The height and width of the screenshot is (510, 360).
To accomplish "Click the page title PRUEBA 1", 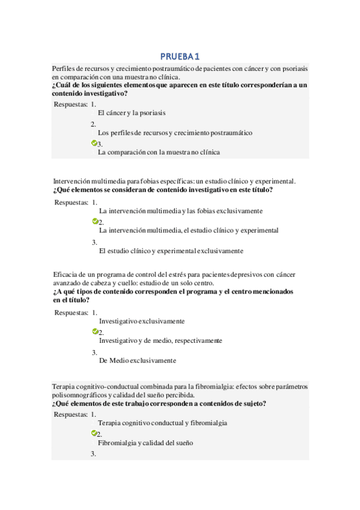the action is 179,57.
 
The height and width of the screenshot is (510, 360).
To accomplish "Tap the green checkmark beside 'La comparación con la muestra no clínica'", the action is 94,143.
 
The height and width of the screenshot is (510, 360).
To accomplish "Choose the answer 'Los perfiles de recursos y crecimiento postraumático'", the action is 175,132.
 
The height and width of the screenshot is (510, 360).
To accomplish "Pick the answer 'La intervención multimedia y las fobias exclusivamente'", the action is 180,211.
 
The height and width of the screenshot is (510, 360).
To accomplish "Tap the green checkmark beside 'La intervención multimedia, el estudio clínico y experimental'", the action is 95,221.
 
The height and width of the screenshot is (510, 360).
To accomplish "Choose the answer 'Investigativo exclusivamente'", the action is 142,321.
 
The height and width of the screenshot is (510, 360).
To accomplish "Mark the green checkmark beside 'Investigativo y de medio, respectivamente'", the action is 95,331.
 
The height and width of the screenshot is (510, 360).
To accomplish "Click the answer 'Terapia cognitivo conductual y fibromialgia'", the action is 162,423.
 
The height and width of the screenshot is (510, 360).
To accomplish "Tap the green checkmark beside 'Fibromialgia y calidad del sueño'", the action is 94,433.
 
